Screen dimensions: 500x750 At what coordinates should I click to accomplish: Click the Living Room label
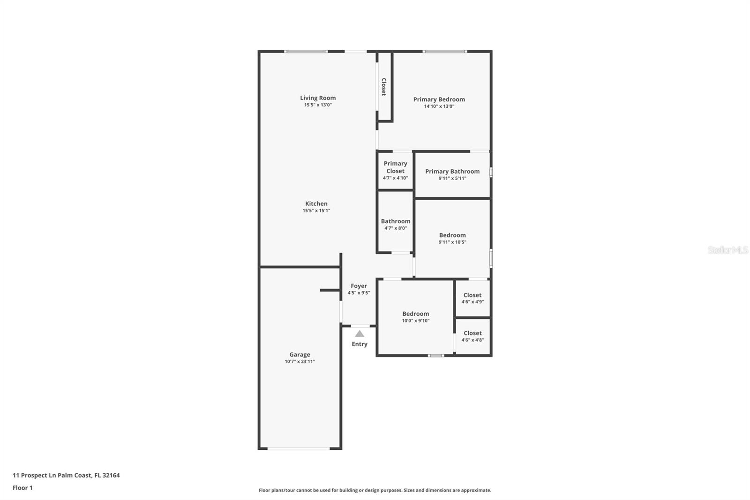click(318, 98)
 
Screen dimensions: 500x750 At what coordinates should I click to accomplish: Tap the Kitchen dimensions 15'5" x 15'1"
click(316, 211)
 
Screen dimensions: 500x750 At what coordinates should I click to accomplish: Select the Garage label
click(300, 355)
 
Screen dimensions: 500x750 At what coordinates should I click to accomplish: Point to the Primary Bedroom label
click(439, 99)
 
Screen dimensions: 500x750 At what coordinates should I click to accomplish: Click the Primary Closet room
click(395, 170)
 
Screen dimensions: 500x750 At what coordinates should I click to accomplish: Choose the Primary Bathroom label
click(452, 171)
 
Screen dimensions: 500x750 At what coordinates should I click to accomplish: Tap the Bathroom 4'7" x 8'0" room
click(396, 224)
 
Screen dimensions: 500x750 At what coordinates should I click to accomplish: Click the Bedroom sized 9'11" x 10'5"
click(452, 238)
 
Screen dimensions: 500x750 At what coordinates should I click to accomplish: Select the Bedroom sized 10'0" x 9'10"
click(415, 317)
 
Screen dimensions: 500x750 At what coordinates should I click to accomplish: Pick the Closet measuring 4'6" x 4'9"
click(472, 298)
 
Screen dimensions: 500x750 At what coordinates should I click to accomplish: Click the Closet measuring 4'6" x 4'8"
click(472, 336)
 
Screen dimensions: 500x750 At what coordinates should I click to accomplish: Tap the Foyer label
click(359, 286)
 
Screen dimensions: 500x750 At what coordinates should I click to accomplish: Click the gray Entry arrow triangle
click(360, 334)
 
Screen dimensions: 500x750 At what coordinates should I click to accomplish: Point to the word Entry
click(360, 344)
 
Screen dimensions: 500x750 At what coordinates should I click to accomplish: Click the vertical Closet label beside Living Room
click(384, 87)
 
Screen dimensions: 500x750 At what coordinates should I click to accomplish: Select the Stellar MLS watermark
click(727, 250)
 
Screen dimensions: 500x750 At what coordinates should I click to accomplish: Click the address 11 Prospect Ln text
click(66, 475)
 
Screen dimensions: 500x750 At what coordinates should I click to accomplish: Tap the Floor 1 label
click(22, 488)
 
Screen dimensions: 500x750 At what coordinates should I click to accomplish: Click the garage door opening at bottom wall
click(299, 448)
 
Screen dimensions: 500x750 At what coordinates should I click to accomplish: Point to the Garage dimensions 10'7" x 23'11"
click(300, 362)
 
